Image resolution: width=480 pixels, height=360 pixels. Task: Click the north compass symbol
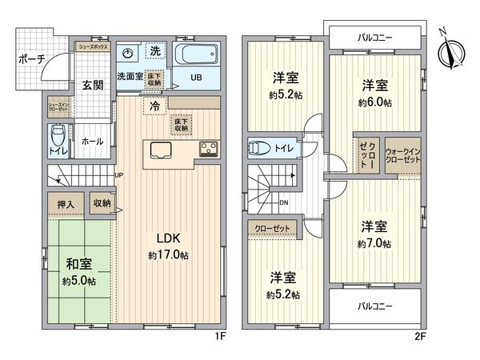pos(448,52)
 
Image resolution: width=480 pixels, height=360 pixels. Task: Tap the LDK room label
pos(169,239)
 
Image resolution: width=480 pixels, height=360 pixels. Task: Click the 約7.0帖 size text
pos(374,243)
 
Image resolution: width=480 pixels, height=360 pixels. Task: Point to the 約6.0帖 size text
pos(374,102)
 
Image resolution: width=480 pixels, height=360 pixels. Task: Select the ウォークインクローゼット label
pos(402,155)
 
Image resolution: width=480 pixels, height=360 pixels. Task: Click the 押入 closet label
pos(65,205)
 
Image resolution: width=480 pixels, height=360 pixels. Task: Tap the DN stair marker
pos(284,202)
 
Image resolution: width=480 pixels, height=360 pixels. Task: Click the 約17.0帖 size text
pos(169,255)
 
